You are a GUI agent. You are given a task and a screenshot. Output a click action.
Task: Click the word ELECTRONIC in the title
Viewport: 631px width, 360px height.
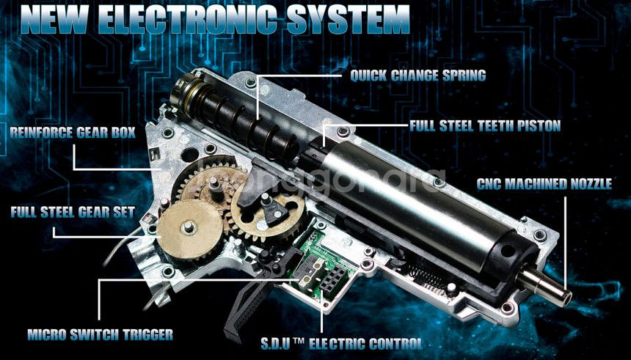[188, 19]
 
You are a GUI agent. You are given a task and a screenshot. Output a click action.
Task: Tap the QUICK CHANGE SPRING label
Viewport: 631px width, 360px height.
[417, 76]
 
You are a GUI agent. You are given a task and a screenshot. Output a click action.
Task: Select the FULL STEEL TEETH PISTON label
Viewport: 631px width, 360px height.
[485, 126]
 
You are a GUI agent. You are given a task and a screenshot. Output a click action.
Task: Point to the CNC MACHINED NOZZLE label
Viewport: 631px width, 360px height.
[544, 184]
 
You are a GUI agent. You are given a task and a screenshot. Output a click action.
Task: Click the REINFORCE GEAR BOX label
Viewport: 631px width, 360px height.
[73, 133]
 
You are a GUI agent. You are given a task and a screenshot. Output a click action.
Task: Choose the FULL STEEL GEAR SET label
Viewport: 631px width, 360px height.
[73, 212]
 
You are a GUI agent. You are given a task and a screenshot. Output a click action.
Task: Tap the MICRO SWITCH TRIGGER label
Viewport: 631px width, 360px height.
[101, 334]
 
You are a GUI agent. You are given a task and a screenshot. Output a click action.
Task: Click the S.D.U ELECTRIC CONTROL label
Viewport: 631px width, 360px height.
[342, 344]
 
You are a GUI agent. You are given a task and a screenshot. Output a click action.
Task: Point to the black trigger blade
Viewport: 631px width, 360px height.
[247, 308]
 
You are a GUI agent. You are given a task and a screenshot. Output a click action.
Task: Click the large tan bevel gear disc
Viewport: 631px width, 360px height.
[189, 229]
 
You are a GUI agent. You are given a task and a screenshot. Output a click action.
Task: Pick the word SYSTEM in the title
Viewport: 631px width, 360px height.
[347, 19]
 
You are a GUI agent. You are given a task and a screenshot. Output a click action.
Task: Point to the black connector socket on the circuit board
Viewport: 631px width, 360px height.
[332, 279]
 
